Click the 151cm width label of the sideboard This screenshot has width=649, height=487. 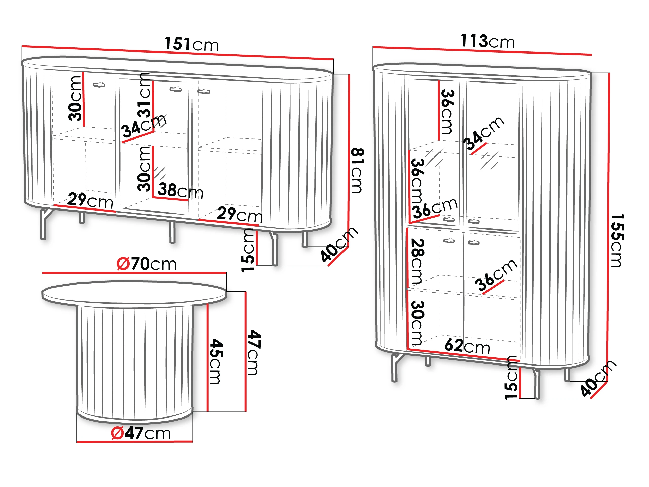point(191,44)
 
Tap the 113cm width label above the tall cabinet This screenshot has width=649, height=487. point(487,41)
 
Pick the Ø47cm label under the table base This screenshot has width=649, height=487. point(141,433)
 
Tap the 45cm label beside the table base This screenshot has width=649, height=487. point(217,361)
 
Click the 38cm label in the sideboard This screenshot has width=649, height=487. point(181,190)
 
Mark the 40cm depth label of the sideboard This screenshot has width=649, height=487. point(339,244)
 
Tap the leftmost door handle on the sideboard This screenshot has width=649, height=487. point(99,85)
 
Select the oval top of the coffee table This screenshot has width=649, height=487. point(134,294)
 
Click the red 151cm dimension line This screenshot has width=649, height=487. point(178,53)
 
